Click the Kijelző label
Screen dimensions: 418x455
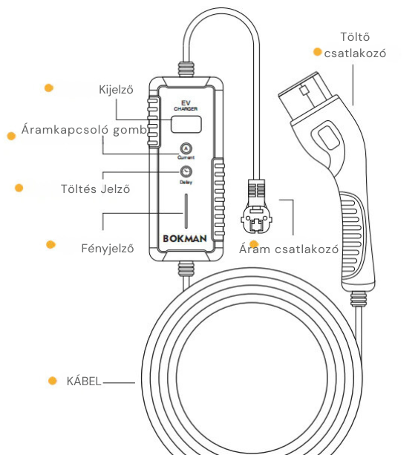coord(116,90)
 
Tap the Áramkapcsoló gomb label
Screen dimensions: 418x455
coord(84,130)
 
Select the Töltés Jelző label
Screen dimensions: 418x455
coord(95,189)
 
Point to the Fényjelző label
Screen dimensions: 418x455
coord(108,249)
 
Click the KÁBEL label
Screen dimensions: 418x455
coord(84,381)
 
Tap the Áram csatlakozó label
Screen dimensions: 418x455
coord(289,249)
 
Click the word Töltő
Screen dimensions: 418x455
coord(355,37)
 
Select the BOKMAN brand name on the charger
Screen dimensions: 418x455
coord(185,238)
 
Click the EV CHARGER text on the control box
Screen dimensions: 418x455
coord(186,105)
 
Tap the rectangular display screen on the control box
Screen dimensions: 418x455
coord(186,124)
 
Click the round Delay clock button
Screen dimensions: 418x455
coord(186,171)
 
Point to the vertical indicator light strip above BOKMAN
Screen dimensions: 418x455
coord(186,211)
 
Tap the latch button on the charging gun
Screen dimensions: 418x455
coord(328,138)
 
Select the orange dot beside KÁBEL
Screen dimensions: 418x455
coord(53,381)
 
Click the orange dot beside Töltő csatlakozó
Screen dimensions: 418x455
coord(318,52)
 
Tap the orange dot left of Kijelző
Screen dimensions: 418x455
coord(49,88)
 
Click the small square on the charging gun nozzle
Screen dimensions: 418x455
coord(304,91)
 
